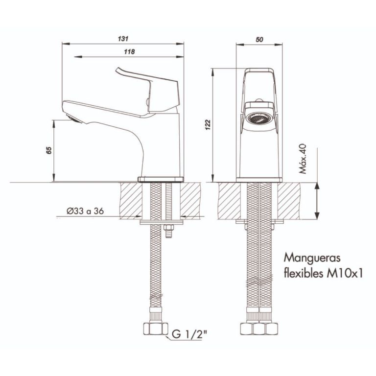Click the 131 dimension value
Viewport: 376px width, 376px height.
click(123, 39)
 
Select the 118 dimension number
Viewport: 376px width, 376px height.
click(129, 51)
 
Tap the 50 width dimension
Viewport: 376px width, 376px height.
click(259, 39)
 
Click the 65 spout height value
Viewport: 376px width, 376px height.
click(49, 150)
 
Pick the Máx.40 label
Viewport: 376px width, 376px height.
click(303, 159)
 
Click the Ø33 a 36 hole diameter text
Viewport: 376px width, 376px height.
click(85, 211)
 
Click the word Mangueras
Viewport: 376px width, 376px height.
click(312, 258)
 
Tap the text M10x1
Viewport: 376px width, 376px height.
click(344, 273)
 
